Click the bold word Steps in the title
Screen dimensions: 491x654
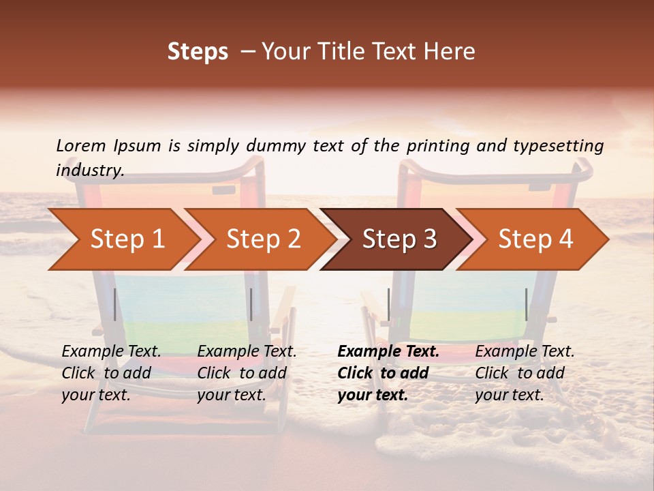[x=198, y=52]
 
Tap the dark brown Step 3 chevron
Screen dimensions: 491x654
[x=399, y=239]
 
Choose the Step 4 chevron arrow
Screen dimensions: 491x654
[x=535, y=239]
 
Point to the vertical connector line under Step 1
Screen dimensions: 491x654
[x=114, y=304]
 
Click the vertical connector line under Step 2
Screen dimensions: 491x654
[x=251, y=304]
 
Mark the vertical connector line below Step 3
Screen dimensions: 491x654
[x=388, y=304]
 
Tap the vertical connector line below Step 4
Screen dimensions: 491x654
[x=526, y=304]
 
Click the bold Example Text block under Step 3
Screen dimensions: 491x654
[x=388, y=373]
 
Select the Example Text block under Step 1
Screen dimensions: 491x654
[x=112, y=373]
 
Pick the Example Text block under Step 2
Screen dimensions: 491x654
[x=247, y=373]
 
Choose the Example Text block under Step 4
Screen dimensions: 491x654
[x=525, y=373]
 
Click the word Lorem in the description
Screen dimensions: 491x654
[x=81, y=146]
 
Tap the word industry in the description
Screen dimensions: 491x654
[x=90, y=170]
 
